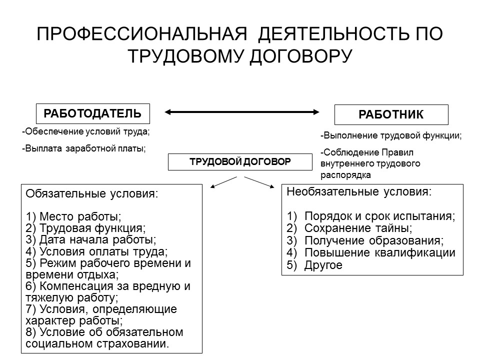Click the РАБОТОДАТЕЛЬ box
92,113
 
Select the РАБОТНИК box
391,114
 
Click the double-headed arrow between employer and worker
243,112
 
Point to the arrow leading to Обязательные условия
223,182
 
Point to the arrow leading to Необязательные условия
260,182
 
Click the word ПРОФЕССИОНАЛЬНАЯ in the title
142,35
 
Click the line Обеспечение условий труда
86,132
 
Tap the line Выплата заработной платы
84,148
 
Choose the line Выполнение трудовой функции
390,135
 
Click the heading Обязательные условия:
91,194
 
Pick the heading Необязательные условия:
358,191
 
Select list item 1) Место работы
73,217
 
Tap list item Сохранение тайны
358,228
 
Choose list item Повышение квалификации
379,253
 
